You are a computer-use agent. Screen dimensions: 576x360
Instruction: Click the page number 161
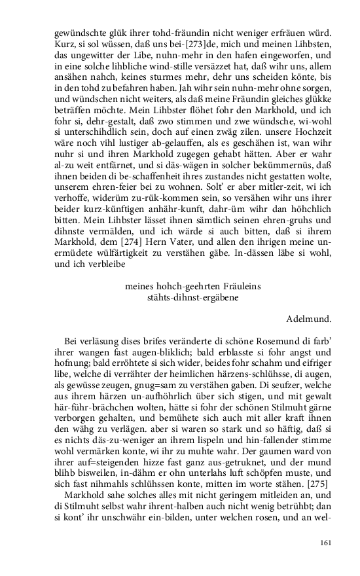point(326,543)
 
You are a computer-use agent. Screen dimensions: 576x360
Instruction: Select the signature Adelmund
point(309,319)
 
